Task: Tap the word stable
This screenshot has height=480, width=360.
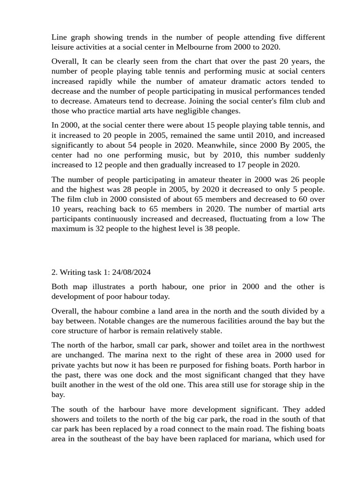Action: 210,330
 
